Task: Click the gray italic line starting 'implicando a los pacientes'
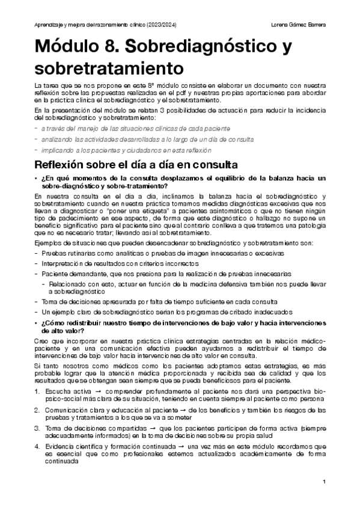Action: click(126, 150)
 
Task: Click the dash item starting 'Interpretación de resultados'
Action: click(120, 263)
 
